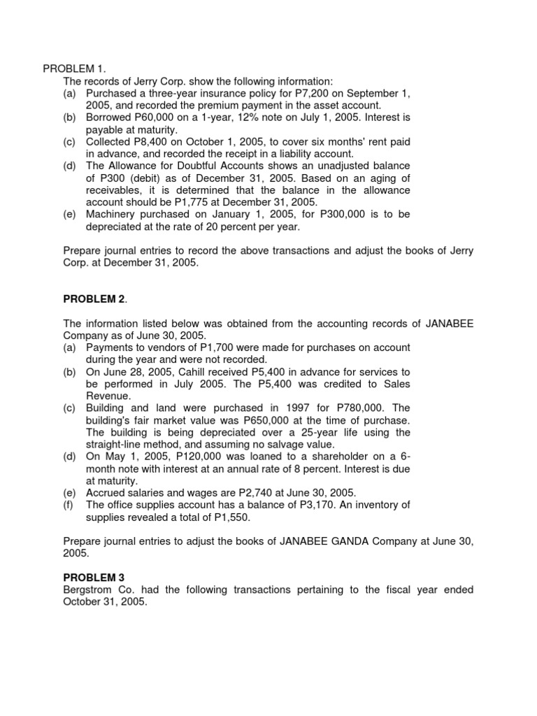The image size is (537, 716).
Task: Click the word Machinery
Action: click(112, 214)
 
